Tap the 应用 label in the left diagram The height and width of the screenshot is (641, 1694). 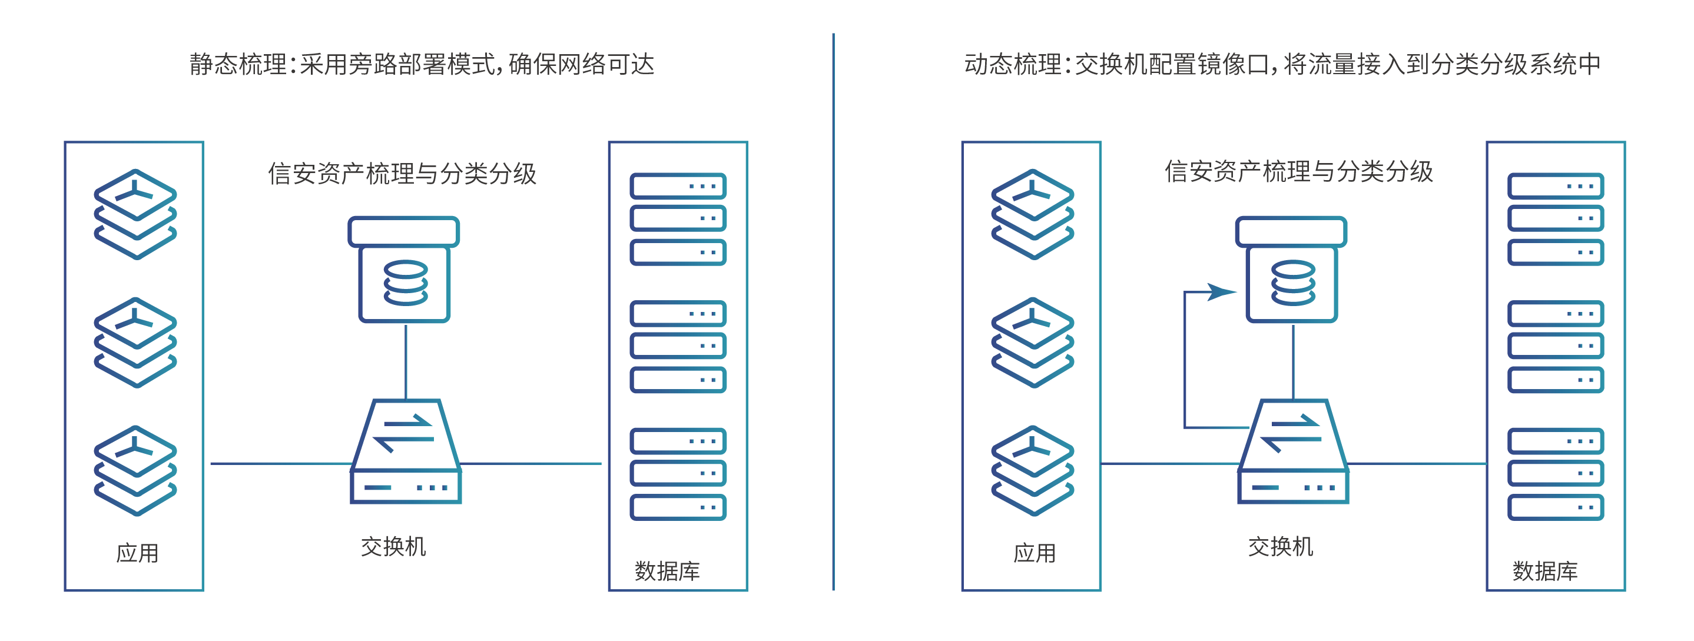click(137, 553)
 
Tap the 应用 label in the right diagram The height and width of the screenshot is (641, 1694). click(1034, 553)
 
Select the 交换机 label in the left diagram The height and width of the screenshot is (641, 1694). click(393, 546)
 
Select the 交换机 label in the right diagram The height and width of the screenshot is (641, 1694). click(1281, 546)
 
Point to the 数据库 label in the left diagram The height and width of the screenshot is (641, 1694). click(667, 570)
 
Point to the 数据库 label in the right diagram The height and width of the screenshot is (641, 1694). click(1544, 570)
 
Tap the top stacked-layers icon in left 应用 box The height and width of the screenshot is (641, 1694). click(135, 214)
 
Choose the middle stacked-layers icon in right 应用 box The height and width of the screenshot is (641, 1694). click(1032, 342)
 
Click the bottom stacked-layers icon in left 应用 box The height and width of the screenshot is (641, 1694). click(135, 470)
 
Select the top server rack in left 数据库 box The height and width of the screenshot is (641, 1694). click(678, 219)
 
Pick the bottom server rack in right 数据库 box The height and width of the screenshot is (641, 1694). click(1555, 474)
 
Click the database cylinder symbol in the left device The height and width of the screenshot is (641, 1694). click(406, 283)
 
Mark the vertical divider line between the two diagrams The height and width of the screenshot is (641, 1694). click(833, 313)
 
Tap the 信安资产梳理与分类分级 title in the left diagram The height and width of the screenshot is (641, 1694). click(402, 174)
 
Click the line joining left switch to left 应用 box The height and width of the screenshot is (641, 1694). click(280, 463)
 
